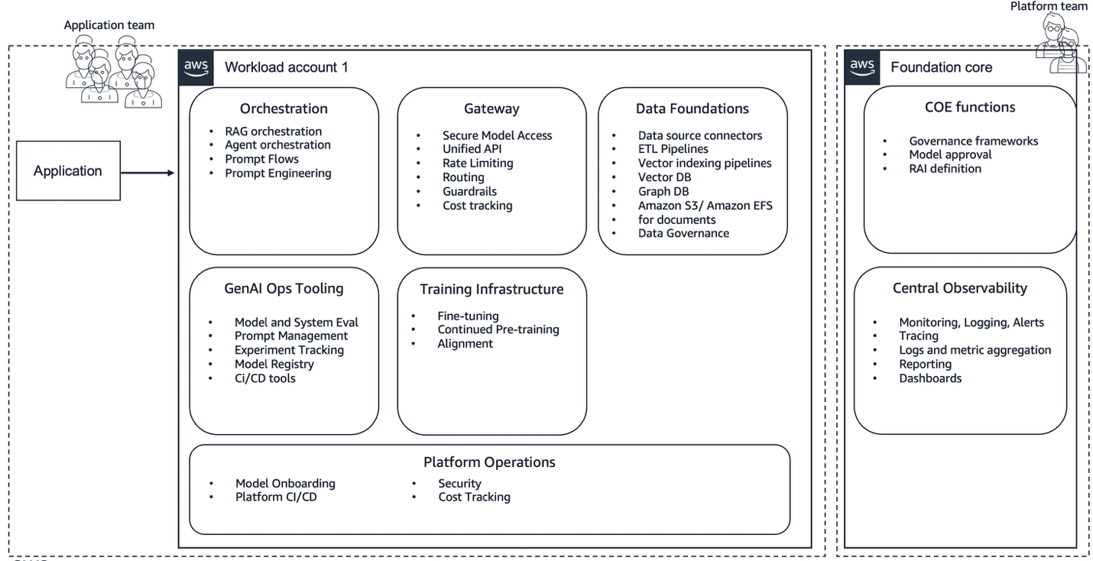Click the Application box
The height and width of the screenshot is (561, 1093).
(x=68, y=170)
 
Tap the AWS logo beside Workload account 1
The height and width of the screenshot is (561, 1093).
(x=196, y=66)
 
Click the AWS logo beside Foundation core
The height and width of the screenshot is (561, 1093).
(x=862, y=66)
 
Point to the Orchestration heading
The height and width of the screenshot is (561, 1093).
(x=284, y=109)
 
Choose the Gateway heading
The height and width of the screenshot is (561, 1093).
(x=491, y=109)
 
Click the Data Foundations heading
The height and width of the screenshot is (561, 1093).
(x=692, y=109)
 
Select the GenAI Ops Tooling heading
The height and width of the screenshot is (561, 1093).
(x=284, y=288)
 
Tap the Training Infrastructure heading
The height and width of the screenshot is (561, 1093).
(x=491, y=289)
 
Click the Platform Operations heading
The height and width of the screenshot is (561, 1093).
(x=489, y=462)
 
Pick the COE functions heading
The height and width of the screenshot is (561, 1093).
(x=970, y=107)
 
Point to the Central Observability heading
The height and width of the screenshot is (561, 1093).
(x=959, y=288)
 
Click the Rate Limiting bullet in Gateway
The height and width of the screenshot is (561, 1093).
(x=478, y=163)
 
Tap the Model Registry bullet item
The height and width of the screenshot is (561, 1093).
(x=274, y=364)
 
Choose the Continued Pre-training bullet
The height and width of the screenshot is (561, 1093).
(x=498, y=329)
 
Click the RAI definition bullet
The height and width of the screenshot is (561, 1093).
(x=945, y=168)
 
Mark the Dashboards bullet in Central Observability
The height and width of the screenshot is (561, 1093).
(x=930, y=378)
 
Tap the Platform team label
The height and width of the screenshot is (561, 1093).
(x=1049, y=6)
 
